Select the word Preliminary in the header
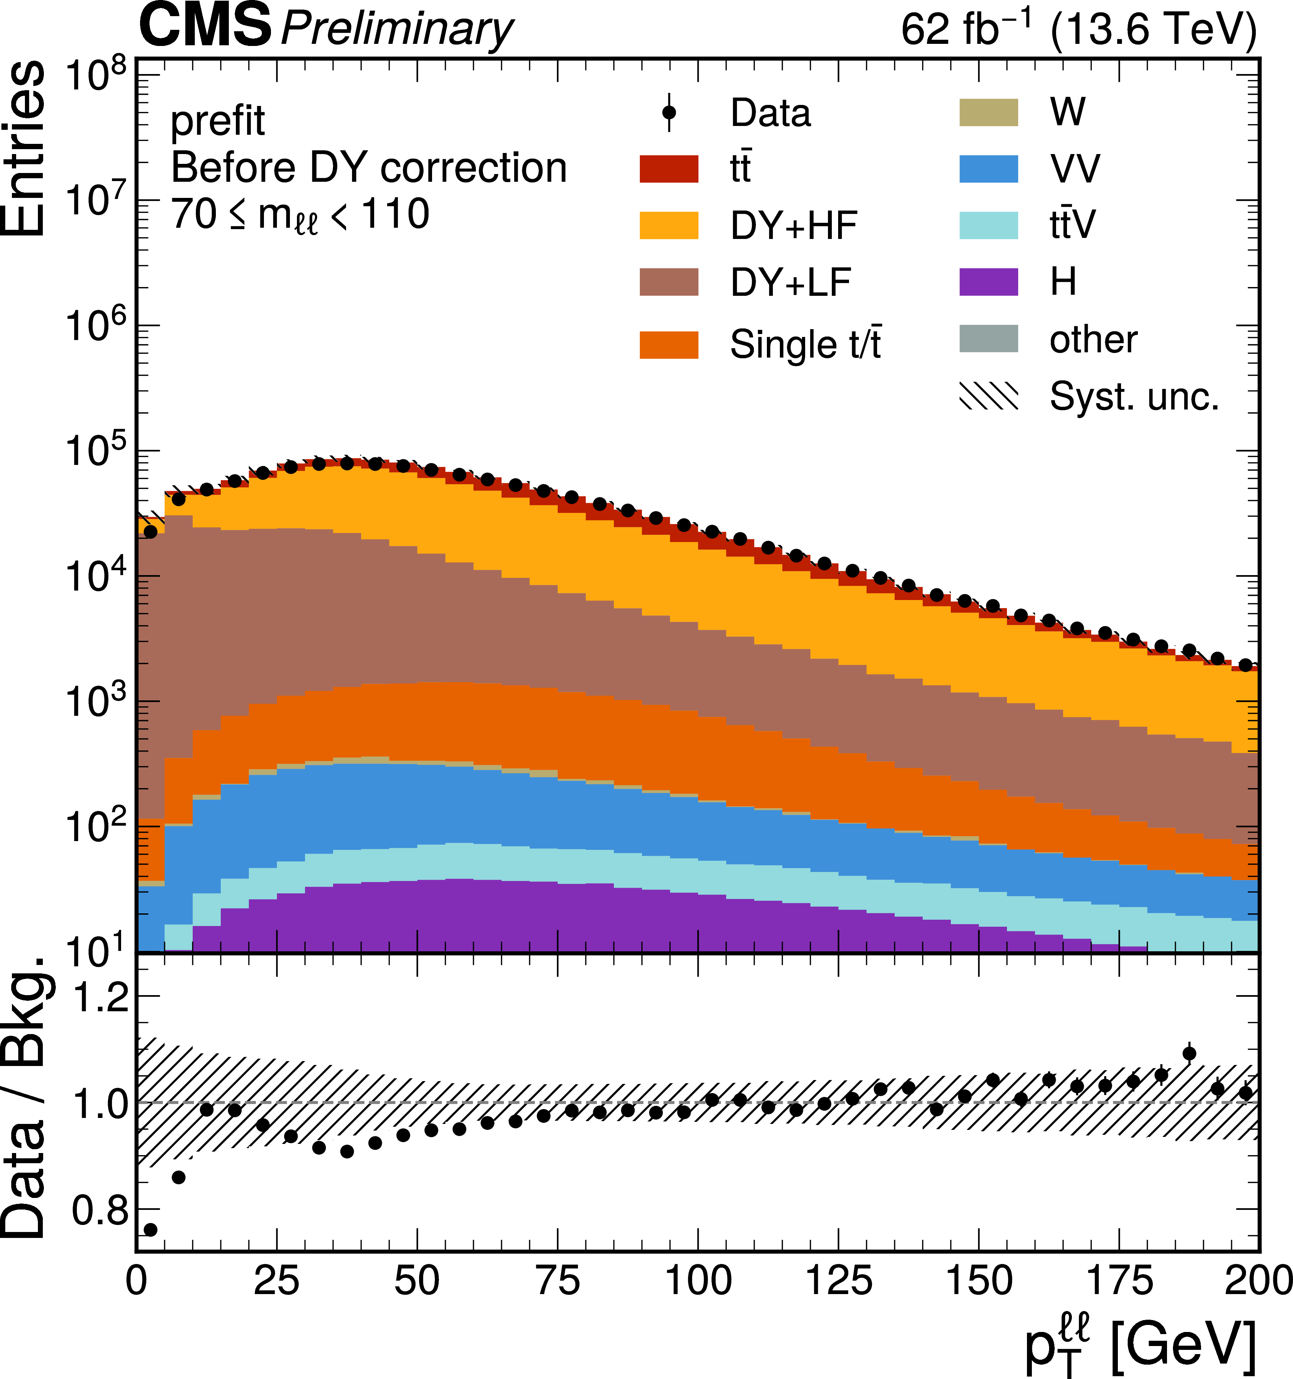pyautogui.click(x=397, y=29)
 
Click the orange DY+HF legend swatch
pyautogui.click(x=669, y=225)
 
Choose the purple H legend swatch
pyautogui.click(x=988, y=282)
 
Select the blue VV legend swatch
pyautogui.click(x=988, y=168)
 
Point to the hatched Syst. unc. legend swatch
pyautogui.click(x=988, y=396)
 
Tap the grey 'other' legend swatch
pyautogui.click(x=988, y=339)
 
